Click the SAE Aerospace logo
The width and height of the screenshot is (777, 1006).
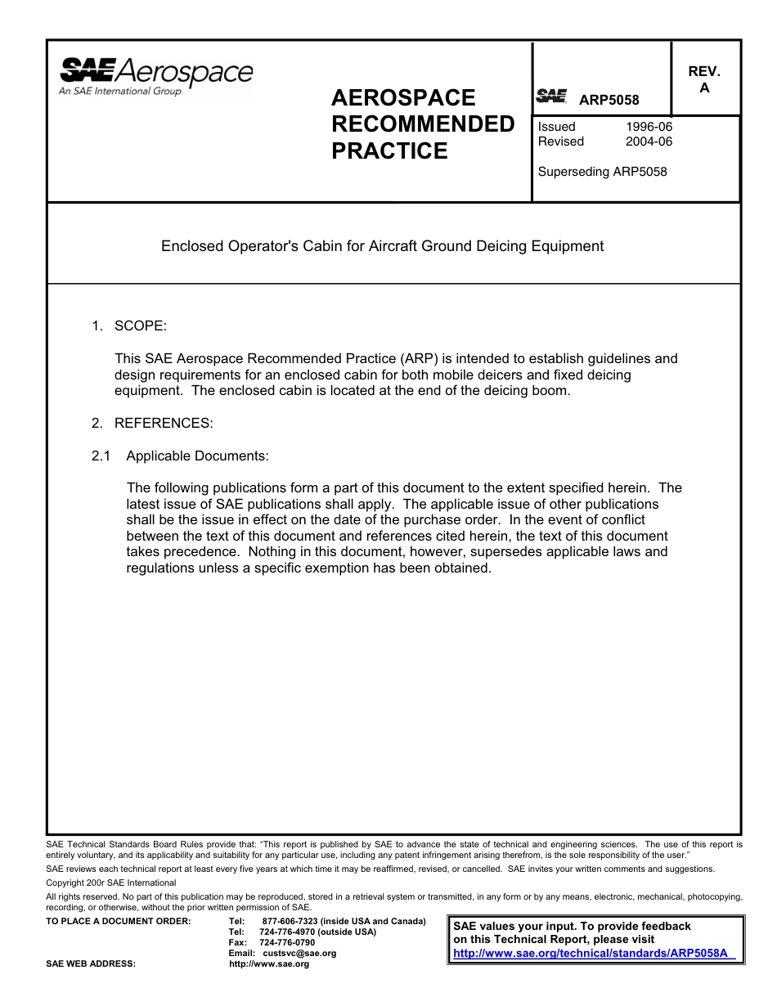pos(155,76)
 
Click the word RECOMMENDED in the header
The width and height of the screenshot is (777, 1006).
pos(423,124)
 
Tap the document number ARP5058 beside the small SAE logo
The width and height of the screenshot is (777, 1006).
pos(609,101)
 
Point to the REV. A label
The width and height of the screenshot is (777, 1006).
pos(704,80)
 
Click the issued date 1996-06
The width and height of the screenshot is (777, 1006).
pos(649,127)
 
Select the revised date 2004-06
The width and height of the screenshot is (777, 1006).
pos(649,141)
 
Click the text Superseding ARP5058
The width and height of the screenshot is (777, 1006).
pos(602,172)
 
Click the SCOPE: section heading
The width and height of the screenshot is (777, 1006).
pos(140,326)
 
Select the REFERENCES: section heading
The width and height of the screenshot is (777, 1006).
pos(164,424)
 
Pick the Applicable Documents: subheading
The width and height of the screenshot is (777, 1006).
pos(197,456)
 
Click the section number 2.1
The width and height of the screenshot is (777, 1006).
pos(101,456)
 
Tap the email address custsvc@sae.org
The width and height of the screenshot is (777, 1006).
pos(299,954)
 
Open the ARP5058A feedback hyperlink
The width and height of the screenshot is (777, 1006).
pos(594,954)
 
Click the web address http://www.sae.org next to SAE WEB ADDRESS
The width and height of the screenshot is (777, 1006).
pos(269,964)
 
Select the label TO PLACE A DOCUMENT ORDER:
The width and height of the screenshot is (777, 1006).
pos(119,922)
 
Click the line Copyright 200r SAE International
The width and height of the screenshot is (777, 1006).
pos(111,883)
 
